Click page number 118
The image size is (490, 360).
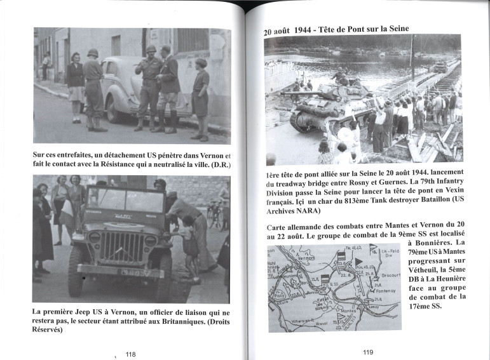[x=130, y=354]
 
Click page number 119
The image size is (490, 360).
[x=368, y=352]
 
